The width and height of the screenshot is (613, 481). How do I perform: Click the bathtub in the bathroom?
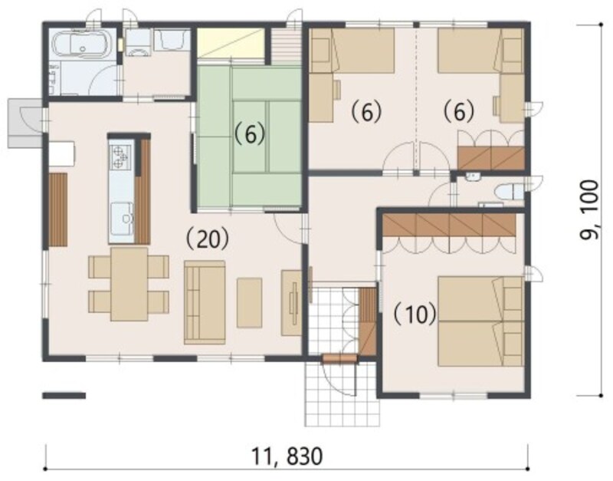point(83,44)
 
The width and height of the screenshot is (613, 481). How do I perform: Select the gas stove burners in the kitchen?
point(120,156)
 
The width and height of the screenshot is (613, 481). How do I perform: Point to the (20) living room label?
point(207,239)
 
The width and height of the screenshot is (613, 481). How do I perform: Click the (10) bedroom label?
point(415,314)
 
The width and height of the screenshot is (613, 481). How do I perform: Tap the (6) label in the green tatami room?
point(250,134)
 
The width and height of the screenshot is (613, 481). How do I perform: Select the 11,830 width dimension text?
point(287,456)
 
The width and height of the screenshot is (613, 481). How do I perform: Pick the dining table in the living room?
point(129,284)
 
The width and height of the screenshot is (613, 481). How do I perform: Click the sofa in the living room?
point(205,302)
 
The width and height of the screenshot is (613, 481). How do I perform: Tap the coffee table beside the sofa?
point(250,302)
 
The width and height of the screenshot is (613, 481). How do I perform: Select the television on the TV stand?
point(294,303)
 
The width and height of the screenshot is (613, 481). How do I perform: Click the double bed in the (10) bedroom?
point(481,321)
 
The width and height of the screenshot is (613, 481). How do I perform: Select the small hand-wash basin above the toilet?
point(473,177)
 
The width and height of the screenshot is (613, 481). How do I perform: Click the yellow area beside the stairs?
point(231,44)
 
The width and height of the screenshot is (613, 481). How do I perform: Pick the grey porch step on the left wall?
point(25,124)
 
